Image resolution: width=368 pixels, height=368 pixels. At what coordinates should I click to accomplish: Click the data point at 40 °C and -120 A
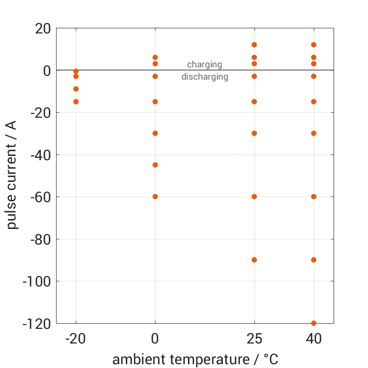[x=313, y=323]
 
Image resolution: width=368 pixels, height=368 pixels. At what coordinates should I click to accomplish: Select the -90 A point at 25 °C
[x=254, y=260]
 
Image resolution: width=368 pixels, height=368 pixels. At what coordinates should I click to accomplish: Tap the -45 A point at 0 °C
[x=155, y=165]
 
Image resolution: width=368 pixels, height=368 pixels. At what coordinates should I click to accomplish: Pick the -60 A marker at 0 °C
[x=155, y=196]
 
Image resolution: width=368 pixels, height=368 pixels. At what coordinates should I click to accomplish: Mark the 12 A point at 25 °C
[x=254, y=45]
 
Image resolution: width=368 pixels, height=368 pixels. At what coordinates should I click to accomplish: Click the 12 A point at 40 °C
[x=313, y=45]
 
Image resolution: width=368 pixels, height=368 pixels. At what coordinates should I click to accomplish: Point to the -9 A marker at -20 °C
[x=76, y=89]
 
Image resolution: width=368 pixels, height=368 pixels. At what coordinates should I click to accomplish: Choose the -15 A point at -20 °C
[x=76, y=101]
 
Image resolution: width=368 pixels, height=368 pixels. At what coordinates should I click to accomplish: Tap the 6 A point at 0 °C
[x=155, y=57]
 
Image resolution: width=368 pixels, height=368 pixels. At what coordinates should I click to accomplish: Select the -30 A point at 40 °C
[x=313, y=133]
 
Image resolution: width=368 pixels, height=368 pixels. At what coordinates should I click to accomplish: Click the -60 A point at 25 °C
[x=254, y=196]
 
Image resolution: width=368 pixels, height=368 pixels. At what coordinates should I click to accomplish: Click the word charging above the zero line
[x=204, y=65]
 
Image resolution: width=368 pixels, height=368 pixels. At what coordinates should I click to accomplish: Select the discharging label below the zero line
[x=204, y=77]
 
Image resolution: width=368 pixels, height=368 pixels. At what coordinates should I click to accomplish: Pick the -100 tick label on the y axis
[x=37, y=281]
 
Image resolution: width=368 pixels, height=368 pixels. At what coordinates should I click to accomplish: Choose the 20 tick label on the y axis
[x=43, y=29]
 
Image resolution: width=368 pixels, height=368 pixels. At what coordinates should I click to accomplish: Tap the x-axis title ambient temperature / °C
[x=195, y=360]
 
